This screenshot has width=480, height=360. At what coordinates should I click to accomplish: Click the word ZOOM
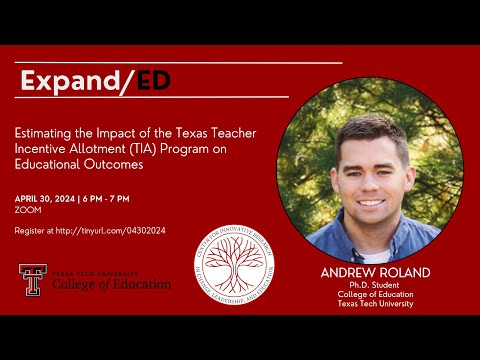(27, 211)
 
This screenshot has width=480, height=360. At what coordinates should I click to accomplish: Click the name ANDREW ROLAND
(376, 273)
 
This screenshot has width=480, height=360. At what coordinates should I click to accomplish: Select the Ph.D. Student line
(376, 285)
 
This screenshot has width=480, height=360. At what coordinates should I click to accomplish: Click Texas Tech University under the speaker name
(376, 304)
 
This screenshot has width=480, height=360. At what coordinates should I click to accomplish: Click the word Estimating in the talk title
(51, 129)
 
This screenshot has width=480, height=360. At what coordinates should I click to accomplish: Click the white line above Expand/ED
(180, 63)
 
